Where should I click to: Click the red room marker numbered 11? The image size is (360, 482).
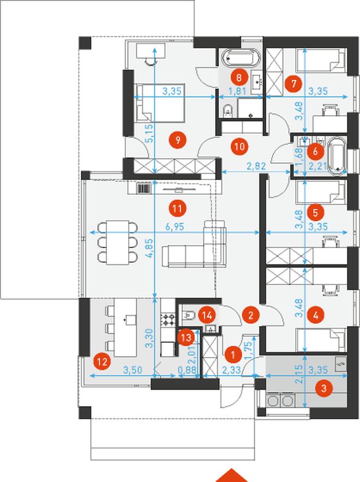click(177, 209)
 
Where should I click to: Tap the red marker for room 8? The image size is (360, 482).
click(239, 77)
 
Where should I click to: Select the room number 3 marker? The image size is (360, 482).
click(323, 388)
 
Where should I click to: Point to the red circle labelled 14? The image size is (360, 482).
click(207, 315)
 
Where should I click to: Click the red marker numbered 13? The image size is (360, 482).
click(187, 338)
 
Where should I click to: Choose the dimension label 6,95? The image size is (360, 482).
click(175, 227)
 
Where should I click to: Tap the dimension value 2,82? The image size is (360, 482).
click(256, 166)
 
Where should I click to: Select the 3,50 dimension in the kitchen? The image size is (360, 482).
click(133, 370)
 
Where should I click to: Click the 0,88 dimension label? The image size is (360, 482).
click(187, 370)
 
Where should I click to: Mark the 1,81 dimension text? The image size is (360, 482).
click(237, 91)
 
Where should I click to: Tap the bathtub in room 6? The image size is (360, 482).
click(337, 156)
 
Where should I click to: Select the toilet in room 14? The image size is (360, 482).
click(188, 315)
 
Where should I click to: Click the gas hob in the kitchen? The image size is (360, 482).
click(167, 320)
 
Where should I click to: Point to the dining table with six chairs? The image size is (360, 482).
click(117, 242)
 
